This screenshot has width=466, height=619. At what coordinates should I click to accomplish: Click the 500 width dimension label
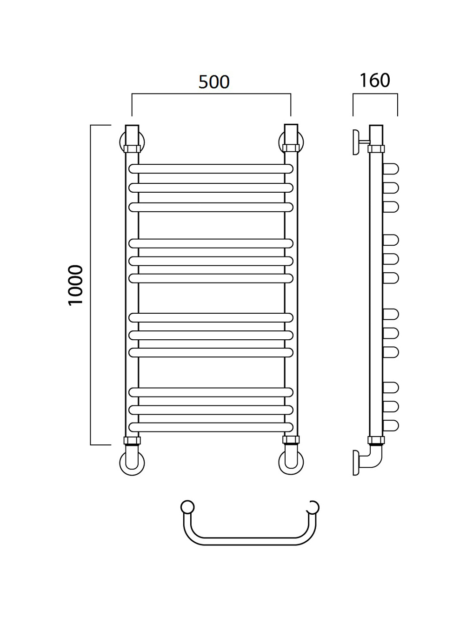[x=214, y=82]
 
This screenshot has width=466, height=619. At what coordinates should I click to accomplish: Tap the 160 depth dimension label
[x=374, y=81]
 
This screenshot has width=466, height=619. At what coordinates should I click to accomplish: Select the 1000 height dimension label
[x=76, y=285]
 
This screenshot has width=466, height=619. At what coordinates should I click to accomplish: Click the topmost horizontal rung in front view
[x=211, y=168]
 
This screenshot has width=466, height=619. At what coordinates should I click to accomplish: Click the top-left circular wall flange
[x=121, y=142]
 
